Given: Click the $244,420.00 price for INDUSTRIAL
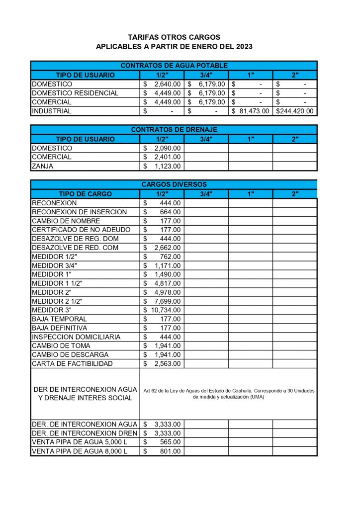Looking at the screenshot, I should pyautogui.click(x=295, y=111).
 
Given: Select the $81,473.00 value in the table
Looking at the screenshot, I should pyautogui.click(x=251, y=111).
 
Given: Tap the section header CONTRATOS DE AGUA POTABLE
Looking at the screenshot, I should pyautogui.click(x=174, y=66).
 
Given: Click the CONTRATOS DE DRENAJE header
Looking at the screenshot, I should pyautogui.click(x=174, y=130).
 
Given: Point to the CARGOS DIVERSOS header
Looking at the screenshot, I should pyautogui.click(x=174, y=184).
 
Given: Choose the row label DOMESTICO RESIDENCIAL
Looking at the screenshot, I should pyautogui.click(x=75, y=93).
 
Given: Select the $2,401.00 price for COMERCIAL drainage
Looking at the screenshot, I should pyautogui.click(x=162, y=157).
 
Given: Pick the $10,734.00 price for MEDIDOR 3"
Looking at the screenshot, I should pyautogui.click(x=162, y=310).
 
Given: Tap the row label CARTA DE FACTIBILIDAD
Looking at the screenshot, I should pyautogui.click(x=72, y=364).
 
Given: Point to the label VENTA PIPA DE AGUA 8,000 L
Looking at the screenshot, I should pyautogui.click(x=80, y=451).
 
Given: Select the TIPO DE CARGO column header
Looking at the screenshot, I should pyautogui.click(x=85, y=194).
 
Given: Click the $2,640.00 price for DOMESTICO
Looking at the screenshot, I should pyautogui.click(x=162, y=84).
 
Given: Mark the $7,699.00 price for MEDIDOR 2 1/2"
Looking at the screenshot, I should pyautogui.click(x=162, y=301).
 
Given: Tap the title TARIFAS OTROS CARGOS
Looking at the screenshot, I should pyautogui.click(x=174, y=37).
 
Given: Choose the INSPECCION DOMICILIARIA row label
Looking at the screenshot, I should pyautogui.click(x=76, y=337).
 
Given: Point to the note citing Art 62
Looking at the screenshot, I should pyautogui.click(x=229, y=394).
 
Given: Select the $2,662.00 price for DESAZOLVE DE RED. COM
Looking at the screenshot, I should pyautogui.click(x=162, y=248).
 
